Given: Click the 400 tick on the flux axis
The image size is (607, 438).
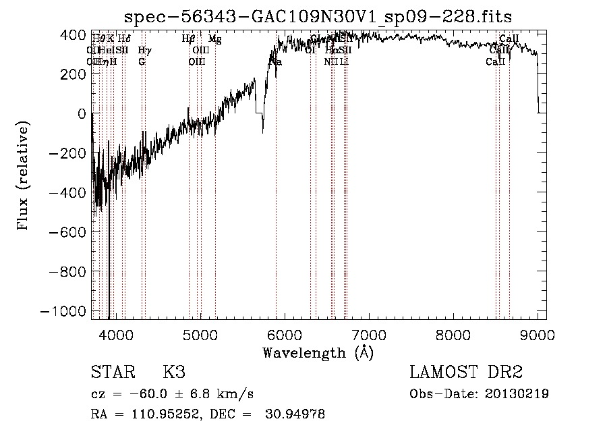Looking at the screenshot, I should [x=73, y=34].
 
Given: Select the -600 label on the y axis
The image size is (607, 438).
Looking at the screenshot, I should [x=68, y=232].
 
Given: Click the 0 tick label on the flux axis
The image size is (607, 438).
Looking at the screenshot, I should [x=82, y=113].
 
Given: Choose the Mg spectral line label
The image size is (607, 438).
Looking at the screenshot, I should [x=214, y=39].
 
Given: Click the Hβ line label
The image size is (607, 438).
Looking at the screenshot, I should [x=189, y=39].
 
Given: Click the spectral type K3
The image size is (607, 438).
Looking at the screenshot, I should [x=173, y=373].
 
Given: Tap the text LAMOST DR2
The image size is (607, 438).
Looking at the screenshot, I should [x=466, y=373].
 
